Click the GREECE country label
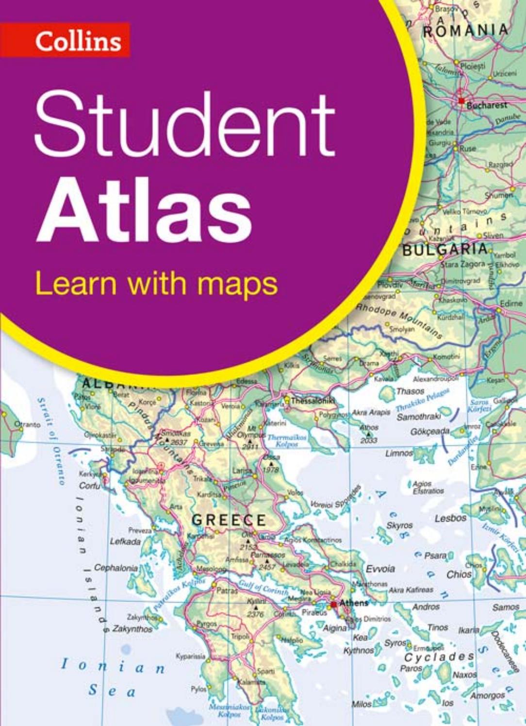pyautogui.click(x=229, y=520)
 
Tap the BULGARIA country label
pyautogui.click(x=444, y=250)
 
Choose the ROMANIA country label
pyautogui.click(x=465, y=30)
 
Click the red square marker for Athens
pyautogui.click(x=333, y=604)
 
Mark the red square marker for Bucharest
pyautogui.click(x=460, y=101)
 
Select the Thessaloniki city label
pyautogui.click(x=313, y=401)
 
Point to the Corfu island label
pyautogui.click(x=90, y=486)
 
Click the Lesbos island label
pyautogui.click(x=450, y=518)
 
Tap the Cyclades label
pyautogui.click(x=439, y=657)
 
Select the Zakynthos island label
pyautogui.click(x=132, y=629)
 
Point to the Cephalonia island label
pyautogui.click(x=116, y=567)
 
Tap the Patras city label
pyautogui.click(x=227, y=591)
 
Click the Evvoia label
pyautogui.click(x=380, y=569)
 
